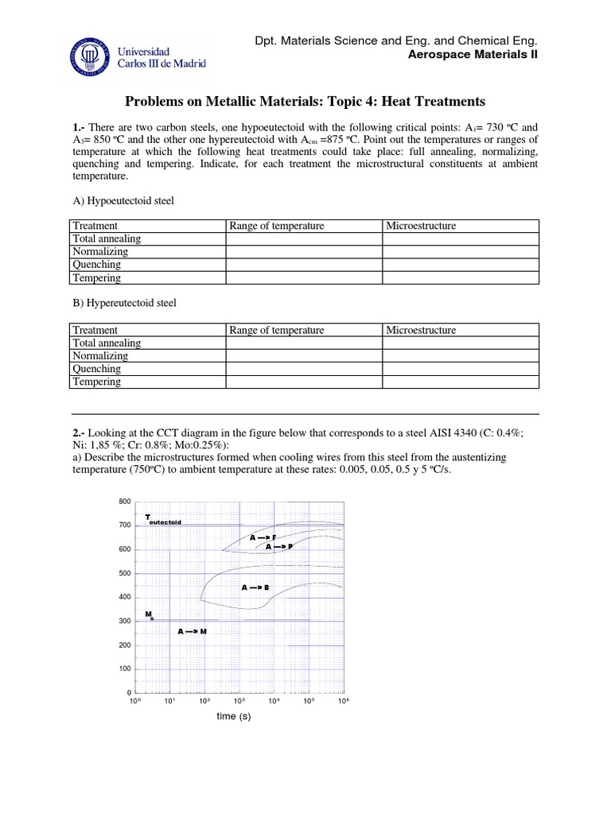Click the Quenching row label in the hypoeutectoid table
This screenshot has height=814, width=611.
pyautogui.click(x=97, y=265)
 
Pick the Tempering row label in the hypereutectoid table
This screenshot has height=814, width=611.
pyautogui.click(x=97, y=382)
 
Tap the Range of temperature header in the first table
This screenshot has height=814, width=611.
pyautogui.click(x=276, y=226)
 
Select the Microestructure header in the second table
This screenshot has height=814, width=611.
pyautogui.click(x=421, y=330)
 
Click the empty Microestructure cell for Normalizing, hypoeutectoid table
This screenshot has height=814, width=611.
pyautogui.click(x=461, y=252)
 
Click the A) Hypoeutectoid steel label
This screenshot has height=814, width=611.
pyautogui.click(x=123, y=200)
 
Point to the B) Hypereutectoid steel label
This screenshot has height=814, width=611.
pyautogui.click(x=124, y=303)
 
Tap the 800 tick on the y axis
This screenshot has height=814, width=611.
pyautogui.click(x=123, y=502)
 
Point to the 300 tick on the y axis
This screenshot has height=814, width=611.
pyautogui.click(x=123, y=621)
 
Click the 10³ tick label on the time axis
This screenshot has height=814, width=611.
pyautogui.click(x=239, y=701)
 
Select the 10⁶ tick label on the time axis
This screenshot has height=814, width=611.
pyautogui.click(x=343, y=701)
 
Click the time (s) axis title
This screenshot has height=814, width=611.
pyautogui.click(x=234, y=717)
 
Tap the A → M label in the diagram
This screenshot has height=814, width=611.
pyautogui.click(x=192, y=631)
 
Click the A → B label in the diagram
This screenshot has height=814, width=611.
pyautogui.click(x=255, y=587)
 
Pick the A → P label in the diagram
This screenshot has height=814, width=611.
pyautogui.click(x=279, y=547)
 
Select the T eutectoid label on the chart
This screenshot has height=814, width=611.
pyautogui.click(x=163, y=520)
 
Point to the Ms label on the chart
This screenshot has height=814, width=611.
pyautogui.click(x=149, y=615)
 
